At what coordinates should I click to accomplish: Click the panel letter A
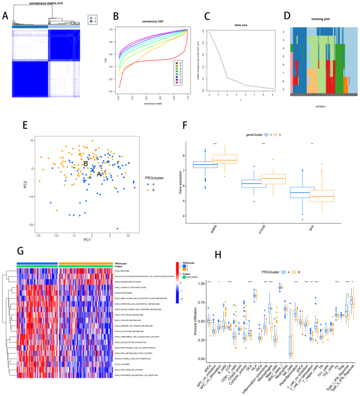pyautogui.click(x=5, y=16)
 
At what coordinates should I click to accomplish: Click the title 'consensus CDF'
pyautogui.click(x=153, y=22)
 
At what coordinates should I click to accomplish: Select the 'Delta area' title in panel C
pyautogui.click(x=241, y=25)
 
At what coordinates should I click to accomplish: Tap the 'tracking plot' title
pyautogui.click(x=320, y=19)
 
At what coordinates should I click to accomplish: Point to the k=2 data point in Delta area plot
pyautogui.click(x=209, y=32)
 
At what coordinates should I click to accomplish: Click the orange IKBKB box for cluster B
pyautogui.click(x=225, y=159)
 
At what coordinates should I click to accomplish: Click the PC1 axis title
pyautogui.click(x=87, y=240)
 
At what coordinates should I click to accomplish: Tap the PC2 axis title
pyautogui.click(x=25, y=184)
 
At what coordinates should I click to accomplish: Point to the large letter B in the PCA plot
pyautogui.click(x=86, y=164)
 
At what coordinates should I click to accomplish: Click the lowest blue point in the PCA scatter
pyautogui.click(x=117, y=229)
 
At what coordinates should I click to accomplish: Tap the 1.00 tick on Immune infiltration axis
pyautogui.click(x=201, y=284)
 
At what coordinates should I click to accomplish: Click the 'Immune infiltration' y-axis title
pyautogui.click(x=195, y=321)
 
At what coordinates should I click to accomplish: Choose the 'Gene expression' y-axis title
pyautogui.click(x=180, y=182)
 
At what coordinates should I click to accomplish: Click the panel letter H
pyautogui.click(x=218, y=255)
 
